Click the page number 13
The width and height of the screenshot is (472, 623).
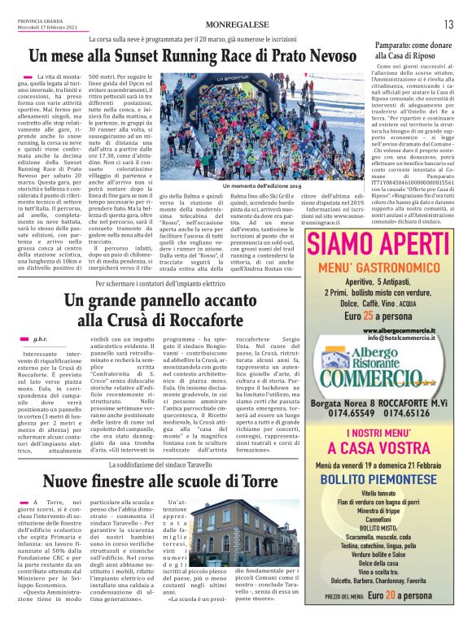click(448, 24)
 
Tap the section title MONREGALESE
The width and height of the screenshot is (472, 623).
click(236, 24)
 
